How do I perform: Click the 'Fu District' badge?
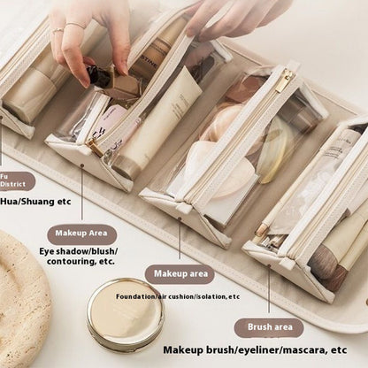[x=15, y=181]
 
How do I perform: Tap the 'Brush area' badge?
[x=269, y=328]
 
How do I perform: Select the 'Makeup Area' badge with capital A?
[x=81, y=234]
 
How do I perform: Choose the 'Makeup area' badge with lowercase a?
[x=180, y=274]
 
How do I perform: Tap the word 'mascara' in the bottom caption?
[x=288, y=351]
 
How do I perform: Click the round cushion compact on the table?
[x=125, y=312]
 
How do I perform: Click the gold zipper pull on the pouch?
[x=284, y=81]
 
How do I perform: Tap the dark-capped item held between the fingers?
[x=99, y=77]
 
